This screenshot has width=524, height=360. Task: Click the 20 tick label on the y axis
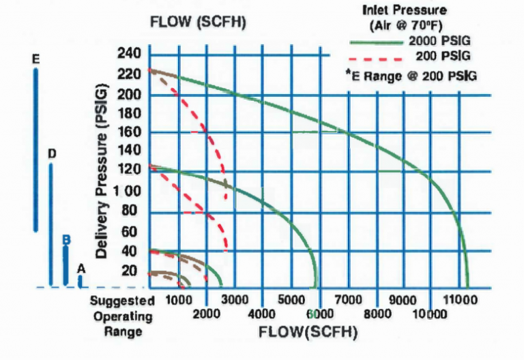[130, 271]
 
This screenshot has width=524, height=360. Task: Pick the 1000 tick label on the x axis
[177, 300]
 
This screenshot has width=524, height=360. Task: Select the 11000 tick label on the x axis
[460, 300]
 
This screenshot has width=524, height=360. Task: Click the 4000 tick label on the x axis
[262, 314]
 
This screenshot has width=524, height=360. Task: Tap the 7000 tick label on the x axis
[347, 300]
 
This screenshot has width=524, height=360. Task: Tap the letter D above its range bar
[52, 154]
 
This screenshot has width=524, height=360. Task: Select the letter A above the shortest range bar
[81, 269]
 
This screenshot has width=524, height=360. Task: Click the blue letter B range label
[66, 239]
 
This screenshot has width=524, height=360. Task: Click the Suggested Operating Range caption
[123, 316]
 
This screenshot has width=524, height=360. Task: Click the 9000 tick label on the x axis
[403, 300]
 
